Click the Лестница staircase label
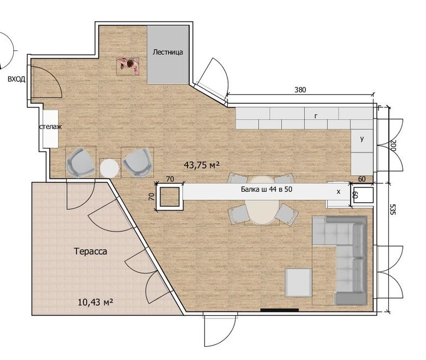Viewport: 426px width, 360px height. coord(168,52)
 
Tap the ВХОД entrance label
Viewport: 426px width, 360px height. coord(17,79)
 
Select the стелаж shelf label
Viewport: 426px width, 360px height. coord(50,127)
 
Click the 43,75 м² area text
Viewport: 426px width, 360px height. coord(201,165)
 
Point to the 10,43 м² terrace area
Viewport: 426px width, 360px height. coord(95,302)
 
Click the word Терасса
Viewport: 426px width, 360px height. coord(91,251)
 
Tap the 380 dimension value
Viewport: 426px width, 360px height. coord(300,90)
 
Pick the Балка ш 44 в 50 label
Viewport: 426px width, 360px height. coord(267,189)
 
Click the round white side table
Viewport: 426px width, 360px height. coord(110,168)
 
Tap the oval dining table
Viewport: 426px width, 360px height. coord(262,200)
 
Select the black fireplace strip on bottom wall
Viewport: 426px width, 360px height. coord(279,310)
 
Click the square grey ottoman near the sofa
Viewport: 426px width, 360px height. coord(298,283)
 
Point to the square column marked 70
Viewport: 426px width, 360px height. coord(169,197)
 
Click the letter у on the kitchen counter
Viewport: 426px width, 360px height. coord(362,138)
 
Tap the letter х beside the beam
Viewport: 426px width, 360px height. coord(339,192)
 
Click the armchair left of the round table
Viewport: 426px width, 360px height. coord(81,162)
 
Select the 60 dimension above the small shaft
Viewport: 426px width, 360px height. coord(362,179)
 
